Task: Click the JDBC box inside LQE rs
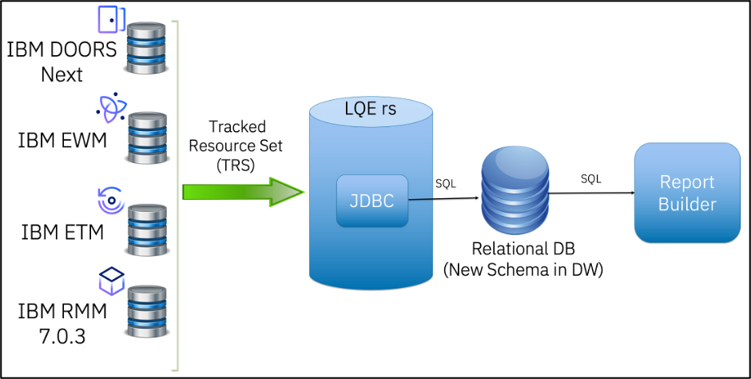click(372, 199)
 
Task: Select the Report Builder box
click(686, 193)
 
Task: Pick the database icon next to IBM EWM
click(149, 138)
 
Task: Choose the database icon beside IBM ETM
click(149, 229)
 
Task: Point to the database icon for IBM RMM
click(149, 312)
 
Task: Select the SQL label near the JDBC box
click(446, 183)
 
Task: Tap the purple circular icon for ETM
click(110, 199)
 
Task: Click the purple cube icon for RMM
click(111, 281)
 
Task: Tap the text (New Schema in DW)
click(523, 270)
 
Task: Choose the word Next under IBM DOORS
click(62, 74)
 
